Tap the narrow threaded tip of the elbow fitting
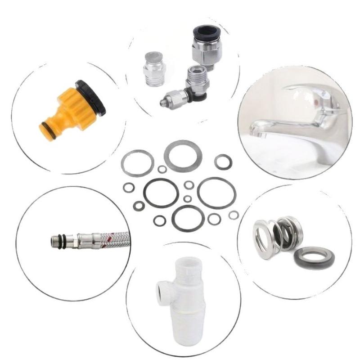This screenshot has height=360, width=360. (x=165, y=100)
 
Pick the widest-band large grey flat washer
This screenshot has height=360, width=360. (x=183, y=156)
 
